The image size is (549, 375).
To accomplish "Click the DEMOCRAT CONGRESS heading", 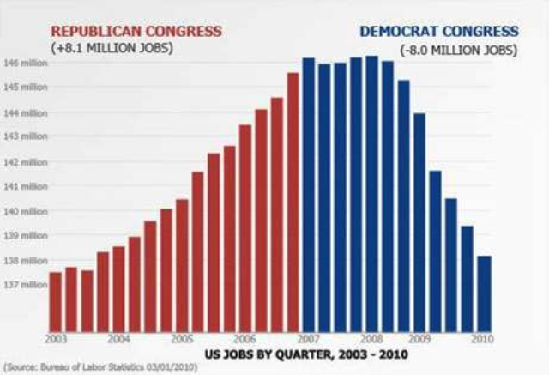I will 438,32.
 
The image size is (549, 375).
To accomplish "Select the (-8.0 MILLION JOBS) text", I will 459,49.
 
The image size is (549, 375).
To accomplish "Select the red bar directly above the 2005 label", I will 182,265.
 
